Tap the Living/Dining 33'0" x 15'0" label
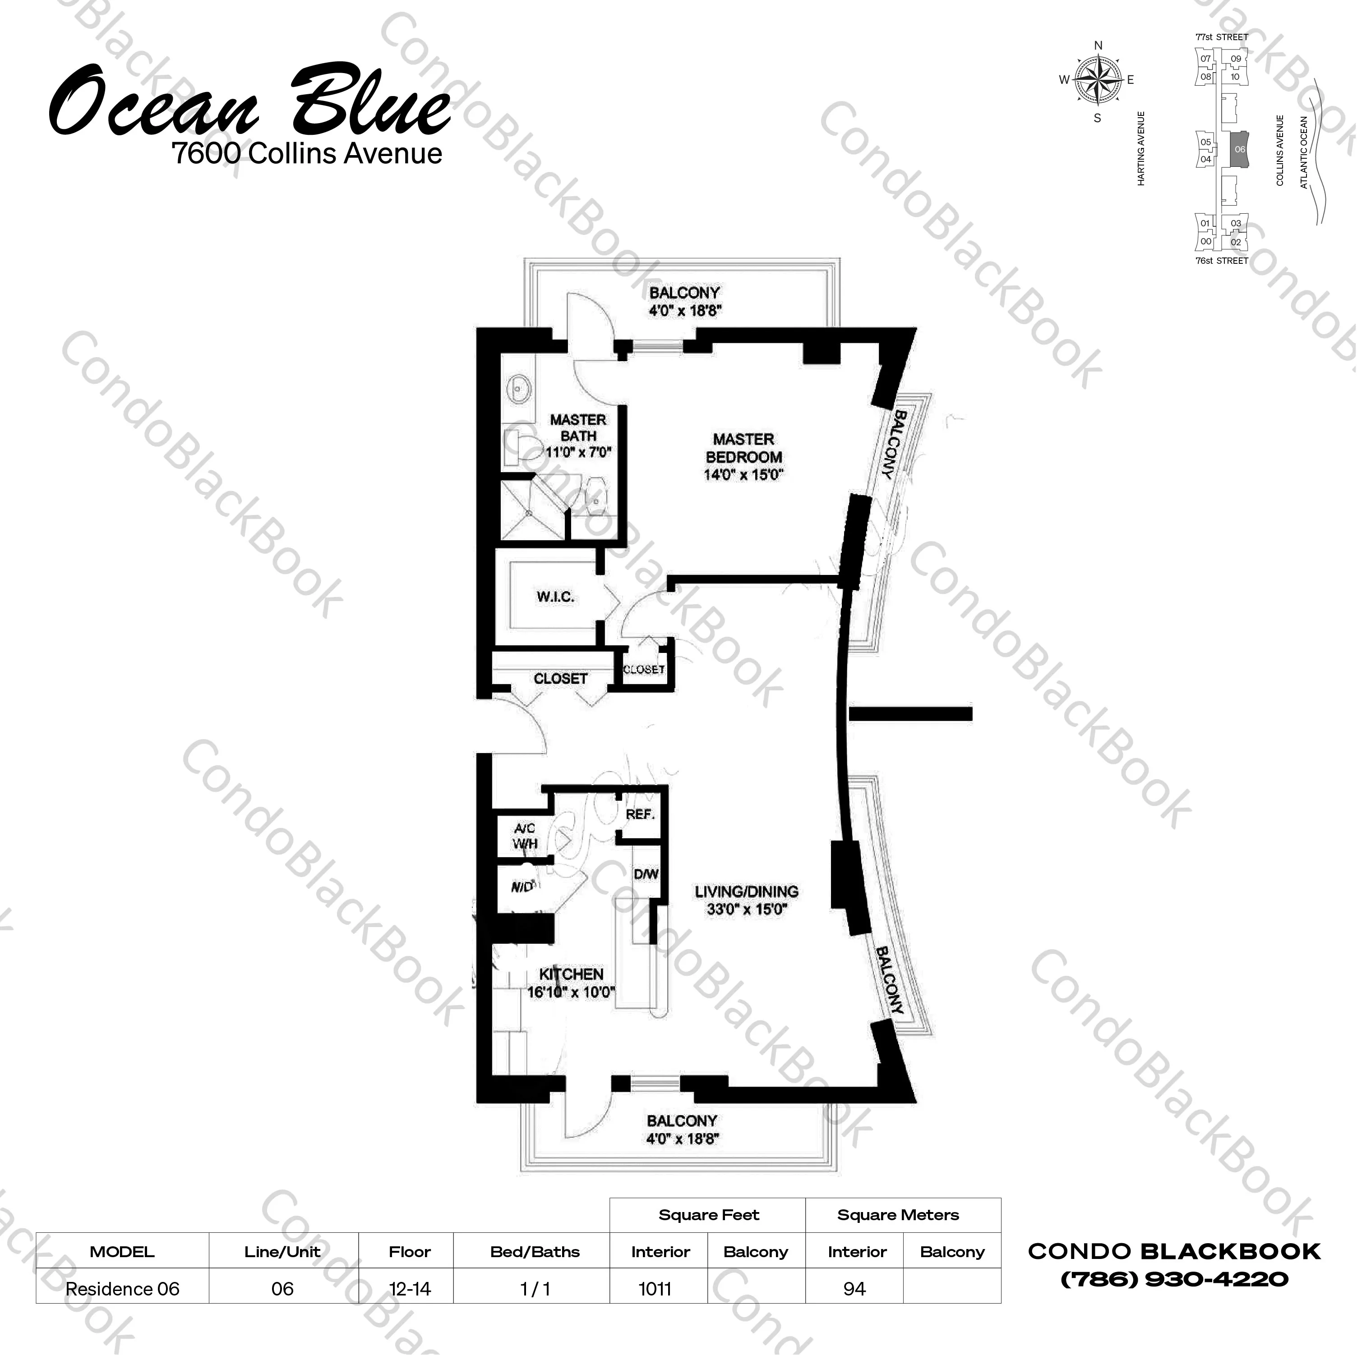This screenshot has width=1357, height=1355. tap(746, 901)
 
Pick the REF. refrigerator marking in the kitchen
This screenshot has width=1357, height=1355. tap(640, 814)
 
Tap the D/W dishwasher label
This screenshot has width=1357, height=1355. tap(646, 874)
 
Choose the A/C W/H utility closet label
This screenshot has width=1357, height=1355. tap(525, 836)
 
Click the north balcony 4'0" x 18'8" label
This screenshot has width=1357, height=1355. tap(684, 301)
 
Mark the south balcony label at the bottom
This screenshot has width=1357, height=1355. tap(682, 1130)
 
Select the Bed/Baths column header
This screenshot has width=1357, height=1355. tap(535, 1252)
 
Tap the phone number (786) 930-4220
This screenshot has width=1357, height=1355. tap(1174, 1279)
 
